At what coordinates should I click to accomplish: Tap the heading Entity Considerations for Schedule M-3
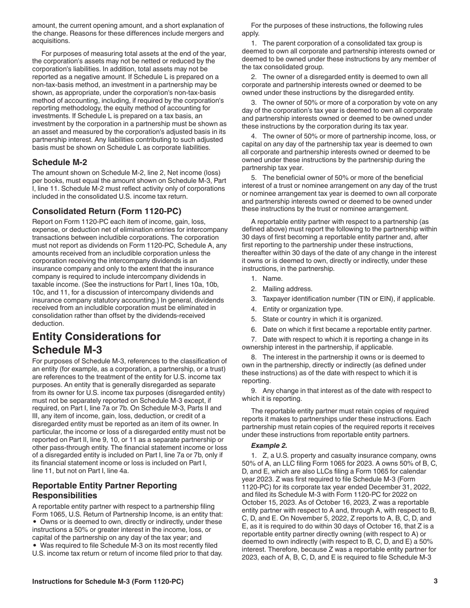[96, 343]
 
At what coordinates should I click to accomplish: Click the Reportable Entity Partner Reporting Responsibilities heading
[104, 490]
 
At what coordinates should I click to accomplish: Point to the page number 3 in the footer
[435, 581]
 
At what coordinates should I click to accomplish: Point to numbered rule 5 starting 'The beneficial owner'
[341, 177]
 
